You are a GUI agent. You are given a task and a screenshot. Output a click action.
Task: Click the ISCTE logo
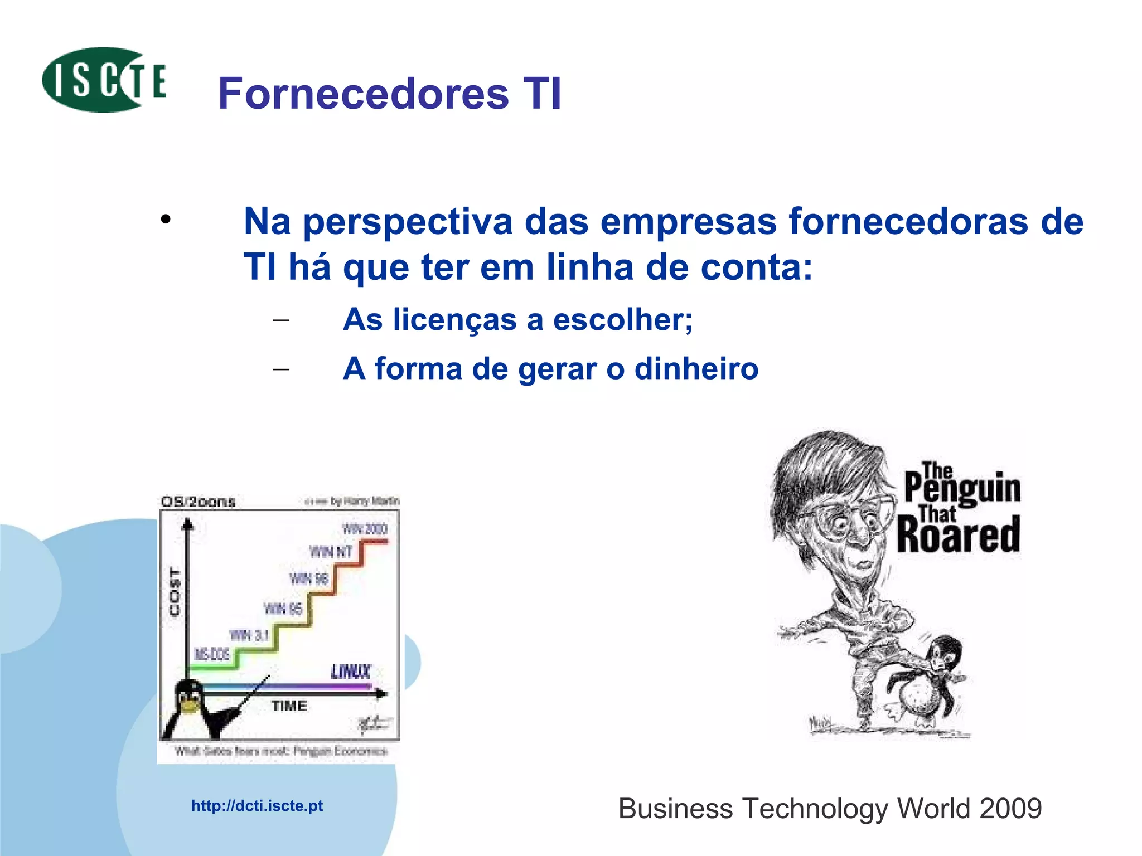[x=104, y=80]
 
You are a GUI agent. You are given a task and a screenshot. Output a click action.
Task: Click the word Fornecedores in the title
[x=363, y=94]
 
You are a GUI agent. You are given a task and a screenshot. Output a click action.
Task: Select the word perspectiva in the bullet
[x=408, y=222]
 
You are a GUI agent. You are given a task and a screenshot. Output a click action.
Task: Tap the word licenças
[x=457, y=320]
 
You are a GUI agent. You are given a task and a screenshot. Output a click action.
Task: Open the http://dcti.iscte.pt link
[x=257, y=806]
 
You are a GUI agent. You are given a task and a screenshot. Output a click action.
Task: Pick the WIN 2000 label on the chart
[x=365, y=528]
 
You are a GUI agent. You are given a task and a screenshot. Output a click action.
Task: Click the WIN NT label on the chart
[x=331, y=552]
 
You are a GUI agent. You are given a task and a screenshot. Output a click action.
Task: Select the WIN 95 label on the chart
[x=283, y=608]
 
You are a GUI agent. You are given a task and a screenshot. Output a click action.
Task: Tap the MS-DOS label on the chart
[x=211, y=654]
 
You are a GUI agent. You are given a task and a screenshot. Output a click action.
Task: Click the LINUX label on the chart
[x=351, y=672]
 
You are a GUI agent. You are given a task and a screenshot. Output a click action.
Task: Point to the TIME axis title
[x=289, y=706]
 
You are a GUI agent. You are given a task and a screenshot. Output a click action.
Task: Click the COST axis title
[x=175, y=592]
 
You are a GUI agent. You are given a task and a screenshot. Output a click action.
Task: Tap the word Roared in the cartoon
[x=958, y=535]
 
